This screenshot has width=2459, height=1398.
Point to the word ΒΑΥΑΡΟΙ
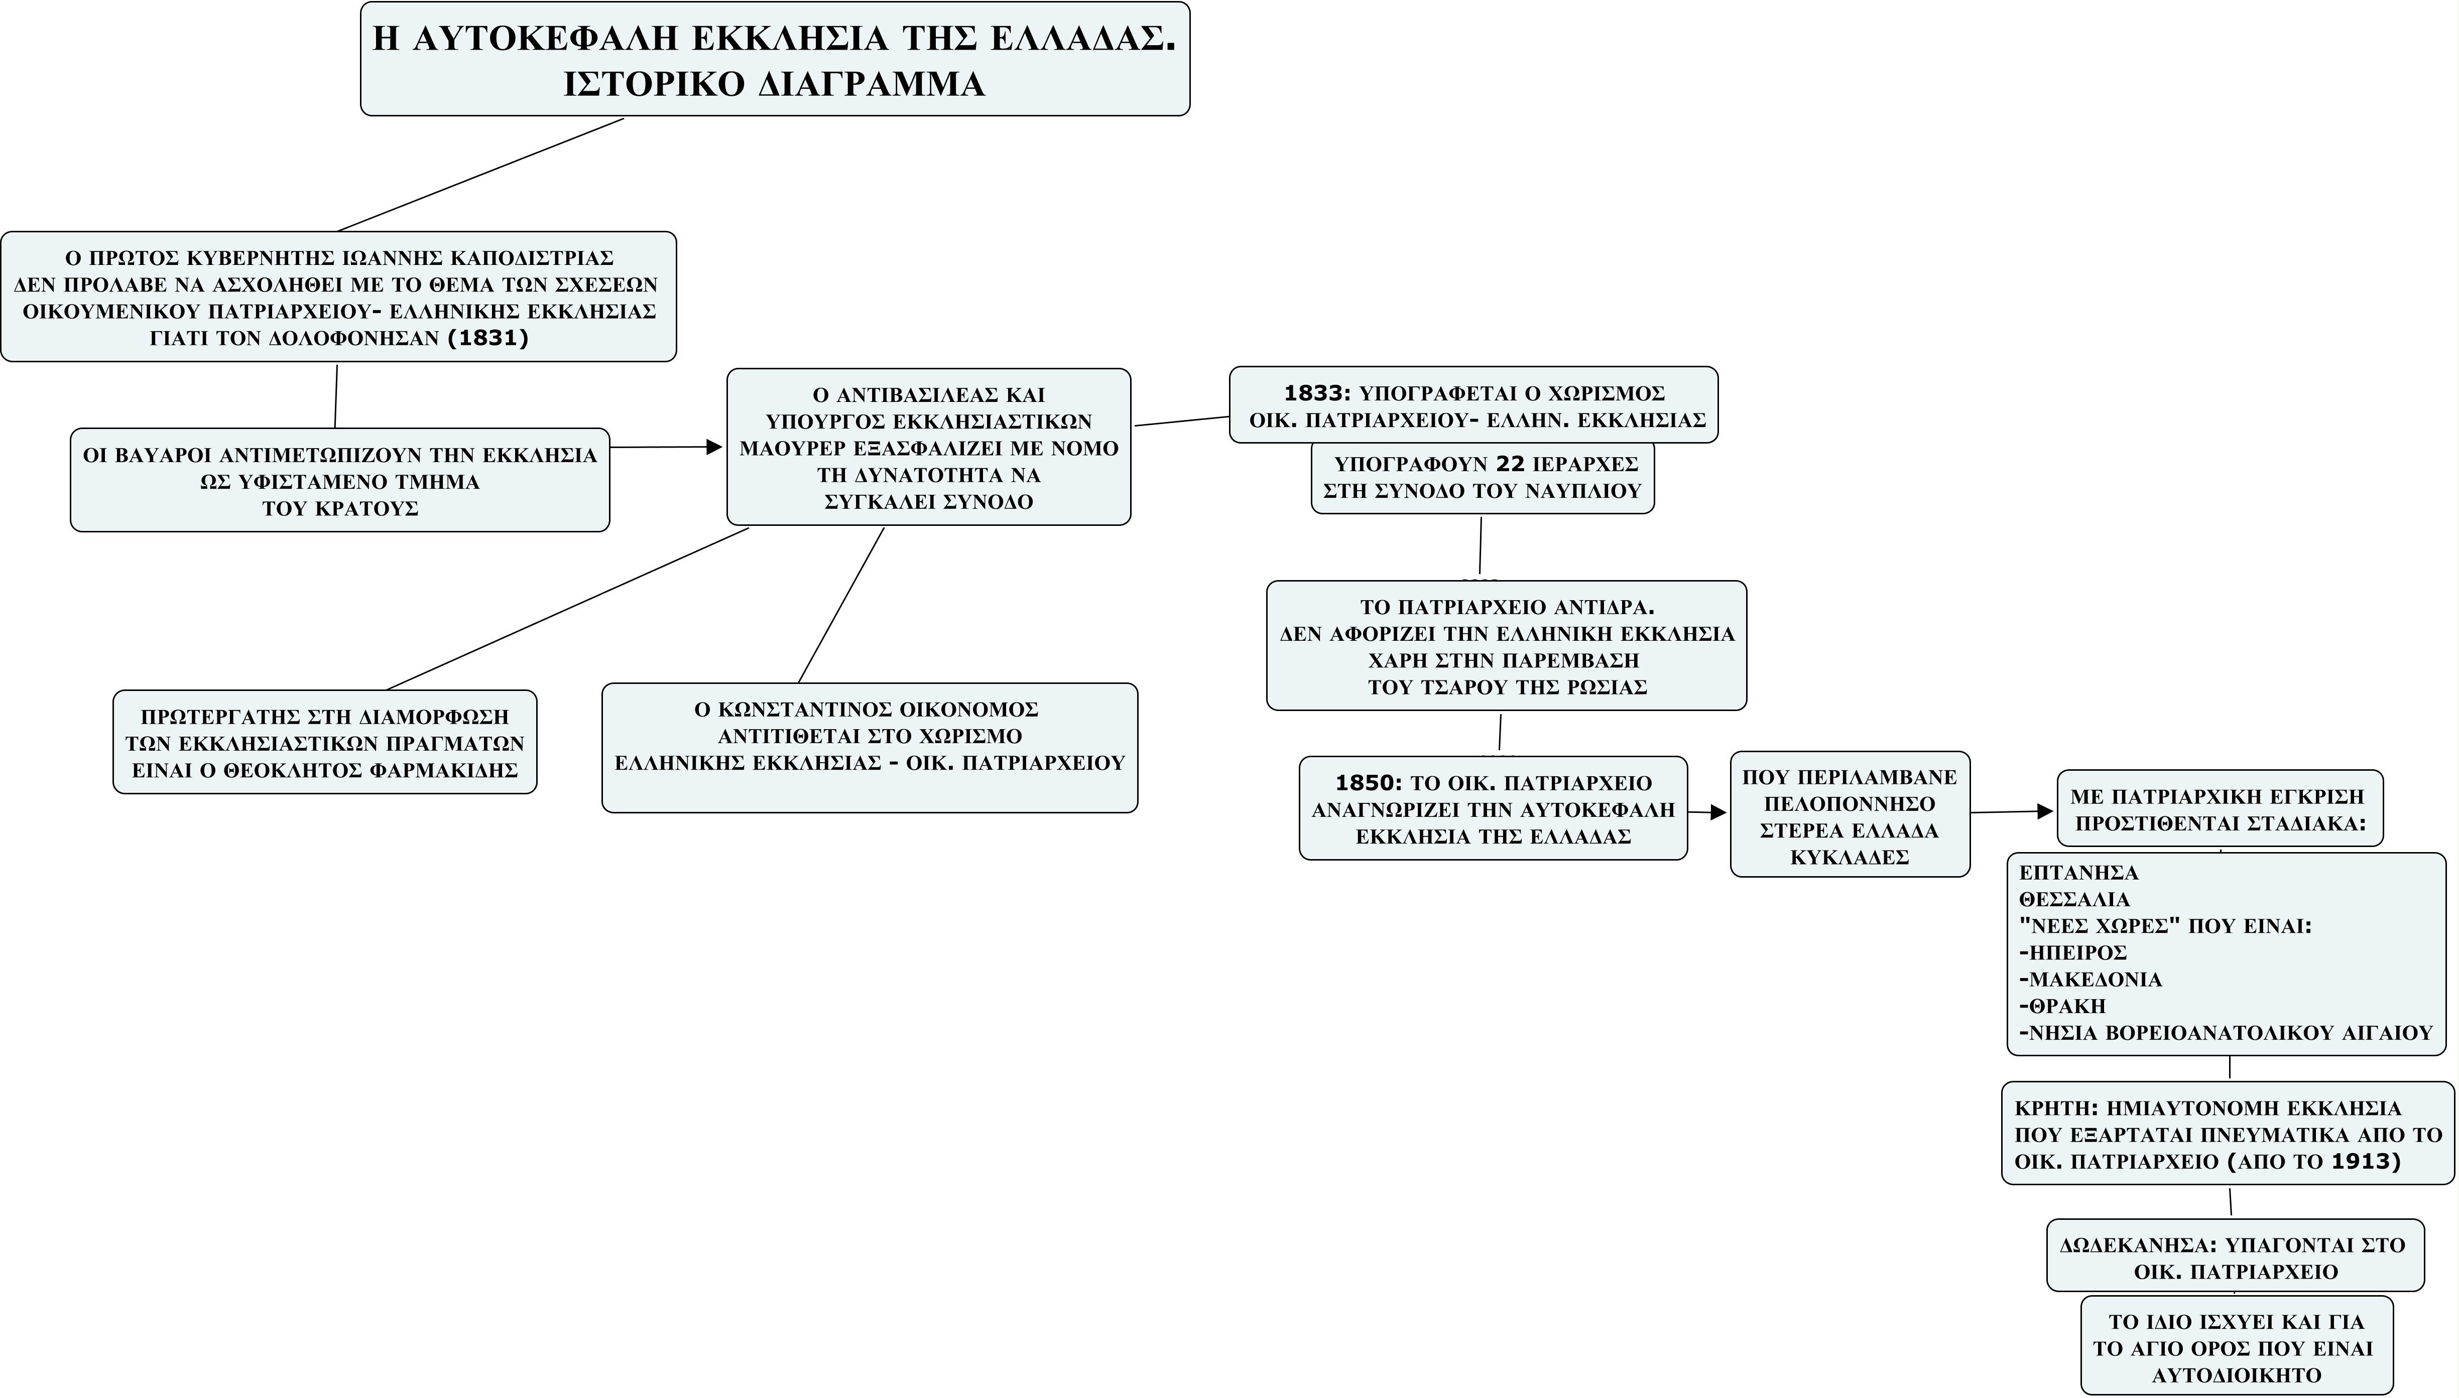[x=161, y=455]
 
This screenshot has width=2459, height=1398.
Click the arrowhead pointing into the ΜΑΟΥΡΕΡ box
[x=714, y=447]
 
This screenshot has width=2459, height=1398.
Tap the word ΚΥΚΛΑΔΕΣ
[x=1849, y=858]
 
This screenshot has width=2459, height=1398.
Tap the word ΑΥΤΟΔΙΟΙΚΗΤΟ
[x=2236, y=1375]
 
